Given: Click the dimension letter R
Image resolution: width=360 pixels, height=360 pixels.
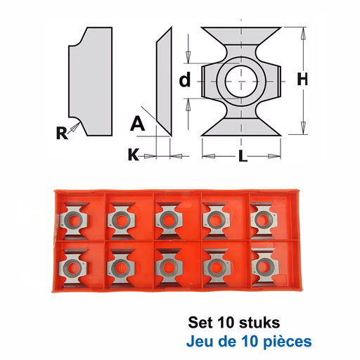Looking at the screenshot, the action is coord(62,133).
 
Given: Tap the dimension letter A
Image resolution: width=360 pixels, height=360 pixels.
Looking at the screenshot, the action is coord(138,124).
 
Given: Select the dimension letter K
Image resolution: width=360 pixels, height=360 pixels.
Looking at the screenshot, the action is coord(134,155).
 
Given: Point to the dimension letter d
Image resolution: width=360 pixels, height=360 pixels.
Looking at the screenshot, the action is coord(185,79).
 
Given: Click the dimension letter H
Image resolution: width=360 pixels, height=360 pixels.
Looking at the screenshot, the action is coord(302,79).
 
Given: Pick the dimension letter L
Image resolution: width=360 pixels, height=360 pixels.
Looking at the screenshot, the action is coord(243,156).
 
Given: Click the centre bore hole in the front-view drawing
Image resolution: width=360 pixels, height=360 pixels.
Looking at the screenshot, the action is coord(241,82).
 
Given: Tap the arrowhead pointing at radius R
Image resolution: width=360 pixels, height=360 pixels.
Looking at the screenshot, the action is coord(75,127).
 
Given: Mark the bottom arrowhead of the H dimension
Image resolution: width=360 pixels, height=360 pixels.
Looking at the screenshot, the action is coord(303,128).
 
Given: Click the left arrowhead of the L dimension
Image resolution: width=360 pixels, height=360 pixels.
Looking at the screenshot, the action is coord(209,156).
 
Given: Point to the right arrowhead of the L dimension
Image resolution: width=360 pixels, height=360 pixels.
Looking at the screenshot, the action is coord(274,156).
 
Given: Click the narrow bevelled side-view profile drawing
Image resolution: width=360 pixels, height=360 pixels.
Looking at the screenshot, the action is coord(164,82).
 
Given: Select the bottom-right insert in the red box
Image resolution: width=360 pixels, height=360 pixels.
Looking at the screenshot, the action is coord(264,266).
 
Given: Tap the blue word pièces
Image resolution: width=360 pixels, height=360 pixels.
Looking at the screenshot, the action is coord(288,342).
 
